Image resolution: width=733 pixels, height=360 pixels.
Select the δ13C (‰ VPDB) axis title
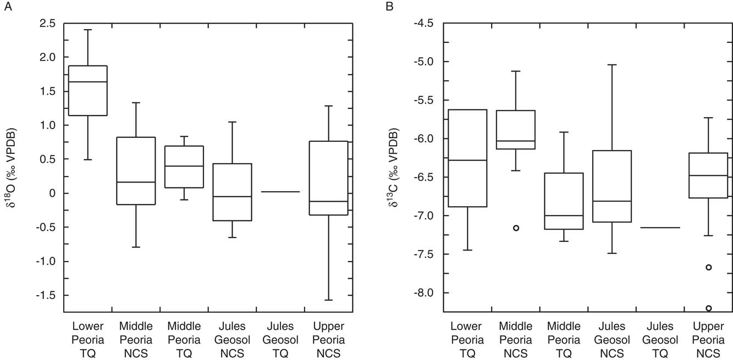[394, 168]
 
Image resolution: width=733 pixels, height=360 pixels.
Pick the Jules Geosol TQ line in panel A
[280, 192]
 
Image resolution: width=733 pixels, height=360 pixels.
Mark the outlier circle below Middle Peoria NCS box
[516, 228]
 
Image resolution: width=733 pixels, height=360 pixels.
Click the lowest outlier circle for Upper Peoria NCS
[709, 308]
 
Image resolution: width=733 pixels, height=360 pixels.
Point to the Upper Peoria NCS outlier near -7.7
[709, 267]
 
